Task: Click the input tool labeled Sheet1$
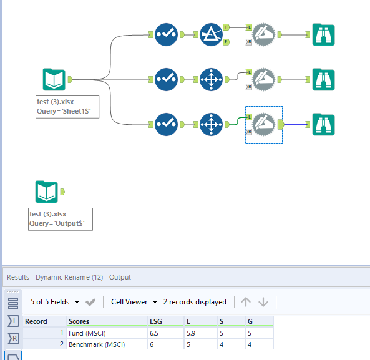coord(54,80)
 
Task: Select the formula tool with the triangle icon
coord(212,34)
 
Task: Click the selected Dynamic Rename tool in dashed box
coord(264,124)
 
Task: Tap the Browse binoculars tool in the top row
coord(323,34)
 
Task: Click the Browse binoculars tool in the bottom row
coord(323,124)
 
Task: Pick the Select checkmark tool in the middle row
coord(166,79)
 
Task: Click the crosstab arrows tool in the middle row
coord(212,79)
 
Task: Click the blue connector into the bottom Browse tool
coord(296,124)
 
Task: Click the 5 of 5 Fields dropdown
coord(55,302)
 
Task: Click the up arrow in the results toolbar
coord(246,302)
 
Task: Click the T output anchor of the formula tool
coord(226,27)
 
